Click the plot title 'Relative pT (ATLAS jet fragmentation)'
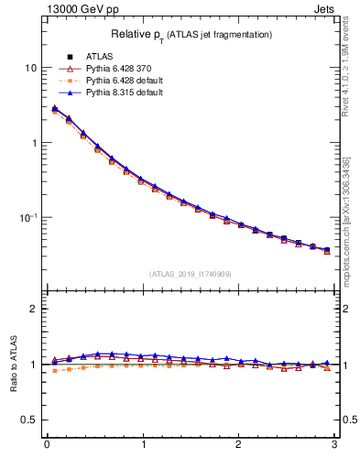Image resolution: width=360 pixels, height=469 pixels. point(192,34)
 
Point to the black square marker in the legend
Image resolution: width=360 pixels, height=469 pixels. point(70,58)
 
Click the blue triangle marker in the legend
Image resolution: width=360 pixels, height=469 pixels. point(70,93)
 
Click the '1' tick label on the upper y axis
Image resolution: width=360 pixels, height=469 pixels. point(35,143)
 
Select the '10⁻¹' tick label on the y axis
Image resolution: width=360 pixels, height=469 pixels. point(29,217)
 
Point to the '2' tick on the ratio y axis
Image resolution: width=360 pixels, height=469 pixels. point(35,309)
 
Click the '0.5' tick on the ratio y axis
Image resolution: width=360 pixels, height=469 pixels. point(31,420)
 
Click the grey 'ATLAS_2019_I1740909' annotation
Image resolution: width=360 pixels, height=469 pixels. point(191,273)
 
